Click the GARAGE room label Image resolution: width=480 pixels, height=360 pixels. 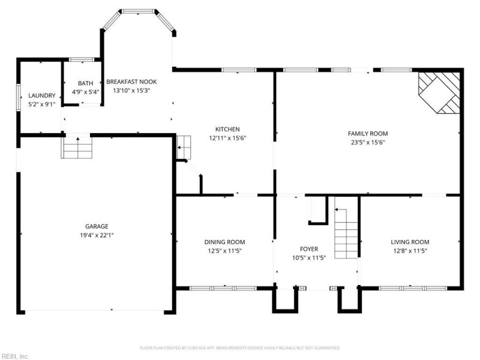[x=96, y=226]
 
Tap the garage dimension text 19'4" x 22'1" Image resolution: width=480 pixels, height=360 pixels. [x=96, y=235]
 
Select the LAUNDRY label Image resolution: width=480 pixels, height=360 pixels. [x=41, y=95]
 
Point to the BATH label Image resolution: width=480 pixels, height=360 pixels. [x=85, y=83]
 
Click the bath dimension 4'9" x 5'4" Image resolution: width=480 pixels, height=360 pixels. [x=85, y=92]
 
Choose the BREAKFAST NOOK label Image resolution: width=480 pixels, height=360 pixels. [x=131, y=82]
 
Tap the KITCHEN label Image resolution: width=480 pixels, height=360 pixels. [x=227, y=129]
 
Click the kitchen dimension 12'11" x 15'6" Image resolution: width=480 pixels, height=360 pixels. [x=227, y=138]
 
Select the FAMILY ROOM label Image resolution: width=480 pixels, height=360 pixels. [x=368, y=133]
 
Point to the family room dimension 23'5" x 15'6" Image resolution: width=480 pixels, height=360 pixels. [x=368, y=142]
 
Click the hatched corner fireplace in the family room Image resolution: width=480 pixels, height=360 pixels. [x=440, y=91]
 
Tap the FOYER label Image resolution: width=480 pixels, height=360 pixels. [x=309, y=248]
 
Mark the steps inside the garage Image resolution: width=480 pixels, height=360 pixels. [x=77, y=148]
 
